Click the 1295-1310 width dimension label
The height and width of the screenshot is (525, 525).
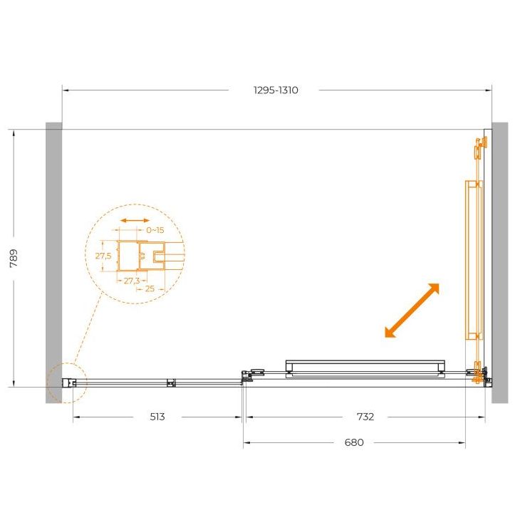pyautogui.click(x=276, y=90)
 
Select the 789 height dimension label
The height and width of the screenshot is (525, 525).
pyautogui.click(x=14, y=258)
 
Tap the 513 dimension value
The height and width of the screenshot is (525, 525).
pyautogui.click(x=157, y=417)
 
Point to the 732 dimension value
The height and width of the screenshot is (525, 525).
pyautogui.click(x=365, y=417)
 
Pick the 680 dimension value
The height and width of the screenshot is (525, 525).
pyautogui.click(x=354, y=442)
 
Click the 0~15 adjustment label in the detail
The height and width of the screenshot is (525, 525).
pyautogui.click(x=155, y=230)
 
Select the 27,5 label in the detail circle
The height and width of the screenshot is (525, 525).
pyautogui.click(x=103, y=256)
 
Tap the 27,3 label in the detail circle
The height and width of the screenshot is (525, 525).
pyautogui.click(x=132, y=281)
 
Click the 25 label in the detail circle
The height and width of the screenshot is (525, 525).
pyautogui.click(x=150, y=289)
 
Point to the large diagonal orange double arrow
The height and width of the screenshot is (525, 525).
pyautogui.click(x=412, y=310)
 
